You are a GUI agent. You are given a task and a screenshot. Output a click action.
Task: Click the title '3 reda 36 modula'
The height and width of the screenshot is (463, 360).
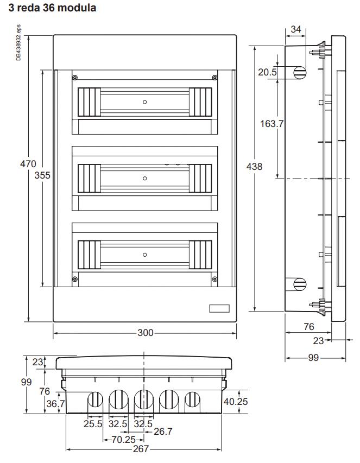(x=52, y=8)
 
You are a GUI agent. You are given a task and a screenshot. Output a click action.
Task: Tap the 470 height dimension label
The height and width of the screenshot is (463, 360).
(x=28, y=163)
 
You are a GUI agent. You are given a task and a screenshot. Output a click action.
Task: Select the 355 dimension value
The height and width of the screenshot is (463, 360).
(x=42, y=175)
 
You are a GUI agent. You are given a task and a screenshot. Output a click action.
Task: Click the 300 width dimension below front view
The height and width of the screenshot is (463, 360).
(x=146, y=333)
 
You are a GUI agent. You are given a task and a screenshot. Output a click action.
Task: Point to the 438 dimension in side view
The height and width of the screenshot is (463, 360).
(x=254, y=167)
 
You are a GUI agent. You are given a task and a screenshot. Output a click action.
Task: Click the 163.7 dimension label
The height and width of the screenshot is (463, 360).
(x=271, y=123)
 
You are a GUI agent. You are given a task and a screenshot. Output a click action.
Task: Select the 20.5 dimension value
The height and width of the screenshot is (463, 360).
(x=268, y=72)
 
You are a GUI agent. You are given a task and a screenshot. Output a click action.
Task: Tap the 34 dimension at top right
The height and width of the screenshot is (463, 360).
(x=295, y=29)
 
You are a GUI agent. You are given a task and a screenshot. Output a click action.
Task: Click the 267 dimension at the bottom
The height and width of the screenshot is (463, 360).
(x=141, y=449)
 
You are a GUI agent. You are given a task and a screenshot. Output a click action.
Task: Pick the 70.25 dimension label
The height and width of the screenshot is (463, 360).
(x=124, y=440)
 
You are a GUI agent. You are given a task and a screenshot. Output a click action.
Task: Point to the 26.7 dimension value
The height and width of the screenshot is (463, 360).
(x=163, y=432)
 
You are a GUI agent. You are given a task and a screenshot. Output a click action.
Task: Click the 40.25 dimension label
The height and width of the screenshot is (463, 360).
(x=236, y=401)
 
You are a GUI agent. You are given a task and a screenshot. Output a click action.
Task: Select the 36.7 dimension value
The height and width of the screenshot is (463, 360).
(x=55, y=403)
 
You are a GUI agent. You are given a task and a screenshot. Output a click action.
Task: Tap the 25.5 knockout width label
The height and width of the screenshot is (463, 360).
(x=93, y=424)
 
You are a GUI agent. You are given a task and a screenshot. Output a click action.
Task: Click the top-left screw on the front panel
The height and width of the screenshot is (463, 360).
(x=75, y=78)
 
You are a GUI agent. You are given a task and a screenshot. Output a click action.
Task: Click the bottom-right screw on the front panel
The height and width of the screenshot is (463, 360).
(x=214, y=279)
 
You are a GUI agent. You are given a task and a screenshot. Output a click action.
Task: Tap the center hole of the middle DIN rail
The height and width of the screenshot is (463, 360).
(x=145, y=179)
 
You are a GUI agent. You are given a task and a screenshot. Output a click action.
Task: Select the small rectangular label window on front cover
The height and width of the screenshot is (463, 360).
(x=219, y=308)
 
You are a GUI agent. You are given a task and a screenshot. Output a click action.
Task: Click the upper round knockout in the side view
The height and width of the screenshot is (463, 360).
(x=300, y=72)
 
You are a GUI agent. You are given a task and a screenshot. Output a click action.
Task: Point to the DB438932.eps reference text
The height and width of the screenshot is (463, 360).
(x=18, y=42)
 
